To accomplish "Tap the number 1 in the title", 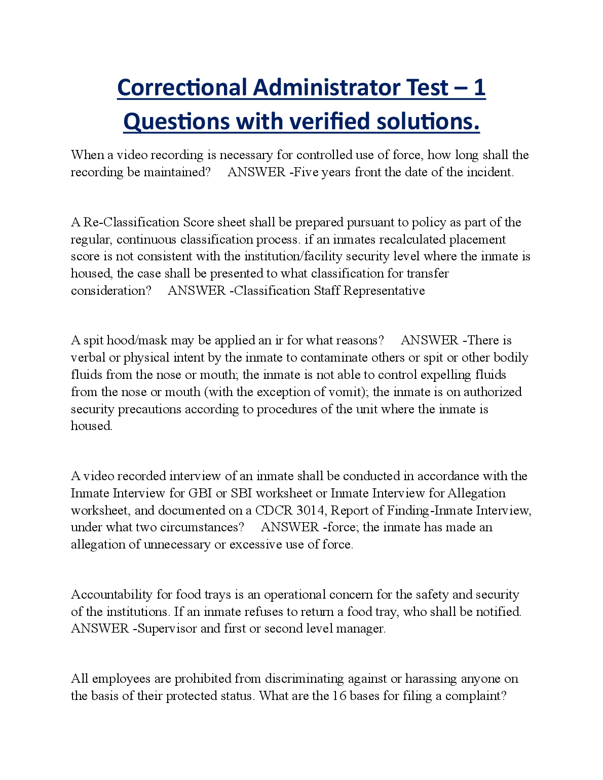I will pos(479,88).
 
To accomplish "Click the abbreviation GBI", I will pos(200,493).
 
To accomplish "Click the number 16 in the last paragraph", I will pos(340,696).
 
